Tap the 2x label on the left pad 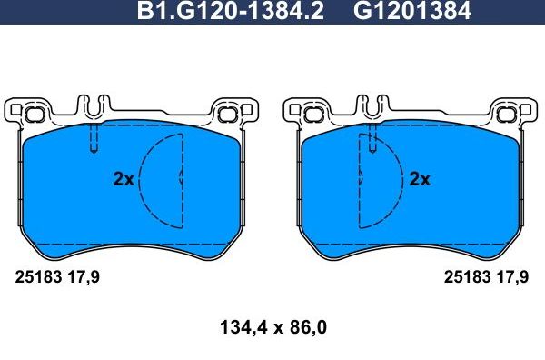pos(124,179)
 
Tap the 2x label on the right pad pos(420,179)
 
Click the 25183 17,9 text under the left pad pos(57,277)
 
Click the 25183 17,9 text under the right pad pos(486,277)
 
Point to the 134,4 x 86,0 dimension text pos(273,327)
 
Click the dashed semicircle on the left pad pos(139,181)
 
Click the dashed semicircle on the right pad pos(402,181)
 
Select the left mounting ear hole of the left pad pos(34,115)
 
